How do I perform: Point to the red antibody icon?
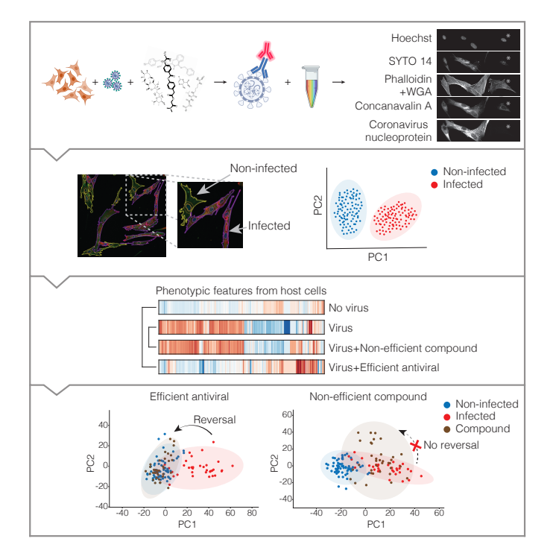pyautogui.click(x=265, y=51)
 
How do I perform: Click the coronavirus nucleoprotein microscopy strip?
pyautogui.click(x=478, y=130)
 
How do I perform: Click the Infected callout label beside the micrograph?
pyautogui.click(x=268, y=225)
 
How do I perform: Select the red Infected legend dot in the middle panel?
pyautogui.click(x=435, y=184)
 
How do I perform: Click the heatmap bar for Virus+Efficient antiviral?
pyautogui.click(x=241, y=366)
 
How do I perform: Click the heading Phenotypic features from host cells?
pyautogui.click(x=232, y=291)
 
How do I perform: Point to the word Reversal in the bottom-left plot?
pyautogui.click(x=214, y=420)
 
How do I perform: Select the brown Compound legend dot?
pyautogui.click(x=446, y=429)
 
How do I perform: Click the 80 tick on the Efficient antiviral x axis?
pyautogui.click(x=251, y=514)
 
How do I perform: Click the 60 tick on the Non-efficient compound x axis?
pyautogui.click(x=439, y=514)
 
